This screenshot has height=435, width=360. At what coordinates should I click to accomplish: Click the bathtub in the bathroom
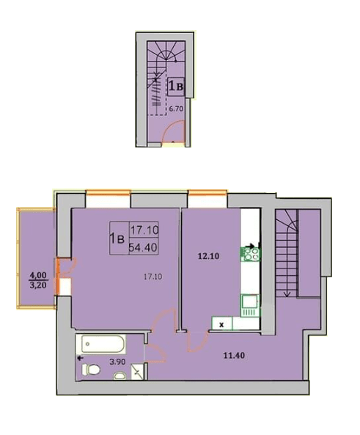(x=103, y=344)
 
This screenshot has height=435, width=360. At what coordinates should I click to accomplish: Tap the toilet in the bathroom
(x=91, y=369)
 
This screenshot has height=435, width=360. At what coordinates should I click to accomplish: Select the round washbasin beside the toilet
(x=120, y=376)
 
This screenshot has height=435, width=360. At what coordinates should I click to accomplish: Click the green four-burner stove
(x=250, y=254)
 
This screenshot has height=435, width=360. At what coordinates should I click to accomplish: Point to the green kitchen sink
(x=250, y=306)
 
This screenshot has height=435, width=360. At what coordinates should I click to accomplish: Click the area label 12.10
(x=208, y=256)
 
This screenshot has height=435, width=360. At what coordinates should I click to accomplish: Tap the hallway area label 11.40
(x=234, y=355)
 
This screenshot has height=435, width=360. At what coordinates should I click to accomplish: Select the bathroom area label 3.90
(x=117, y=362)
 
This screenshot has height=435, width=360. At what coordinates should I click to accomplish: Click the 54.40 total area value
(x=143, y=247)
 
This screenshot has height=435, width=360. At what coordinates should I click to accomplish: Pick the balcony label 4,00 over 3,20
(x=38, y=280)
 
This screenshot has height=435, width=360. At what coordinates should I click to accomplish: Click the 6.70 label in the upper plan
(x=176, y=109)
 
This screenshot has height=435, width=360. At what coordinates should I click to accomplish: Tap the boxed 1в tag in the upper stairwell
(x=176, y=87)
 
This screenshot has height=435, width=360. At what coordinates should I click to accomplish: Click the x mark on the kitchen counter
(x=221, y=324)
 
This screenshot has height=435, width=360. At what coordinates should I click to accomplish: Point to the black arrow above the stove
(x=251, y=246)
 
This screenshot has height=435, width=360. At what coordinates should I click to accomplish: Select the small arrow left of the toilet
(x=80, y=358)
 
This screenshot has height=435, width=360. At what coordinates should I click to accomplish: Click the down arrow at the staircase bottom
(x=287, y=293)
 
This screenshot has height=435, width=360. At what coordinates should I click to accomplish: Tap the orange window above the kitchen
(x=207, y=191)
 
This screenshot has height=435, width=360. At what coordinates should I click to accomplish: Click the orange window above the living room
(x=108, y=192)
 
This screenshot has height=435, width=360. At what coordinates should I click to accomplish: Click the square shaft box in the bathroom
(x=137, y=371)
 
